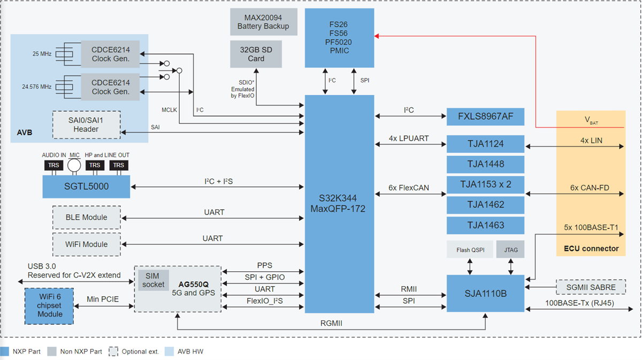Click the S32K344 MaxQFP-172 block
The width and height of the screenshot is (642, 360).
339,203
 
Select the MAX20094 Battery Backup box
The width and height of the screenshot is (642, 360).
263,22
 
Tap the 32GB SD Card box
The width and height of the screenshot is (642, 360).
256,54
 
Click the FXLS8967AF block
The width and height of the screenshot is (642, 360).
485,116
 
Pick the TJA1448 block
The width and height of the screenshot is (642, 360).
485,164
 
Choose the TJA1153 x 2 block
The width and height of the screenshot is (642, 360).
485,185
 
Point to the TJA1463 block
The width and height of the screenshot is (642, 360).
485,225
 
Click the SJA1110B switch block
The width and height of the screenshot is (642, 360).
485,293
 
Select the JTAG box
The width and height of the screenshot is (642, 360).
510,250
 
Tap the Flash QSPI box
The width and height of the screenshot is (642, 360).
470,250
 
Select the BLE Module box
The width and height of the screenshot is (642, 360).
86,217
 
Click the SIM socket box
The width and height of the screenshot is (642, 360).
154,280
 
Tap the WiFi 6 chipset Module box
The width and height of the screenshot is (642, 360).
50,305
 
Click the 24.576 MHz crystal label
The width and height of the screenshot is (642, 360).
37,87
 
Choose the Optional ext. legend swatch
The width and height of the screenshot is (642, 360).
113,351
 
